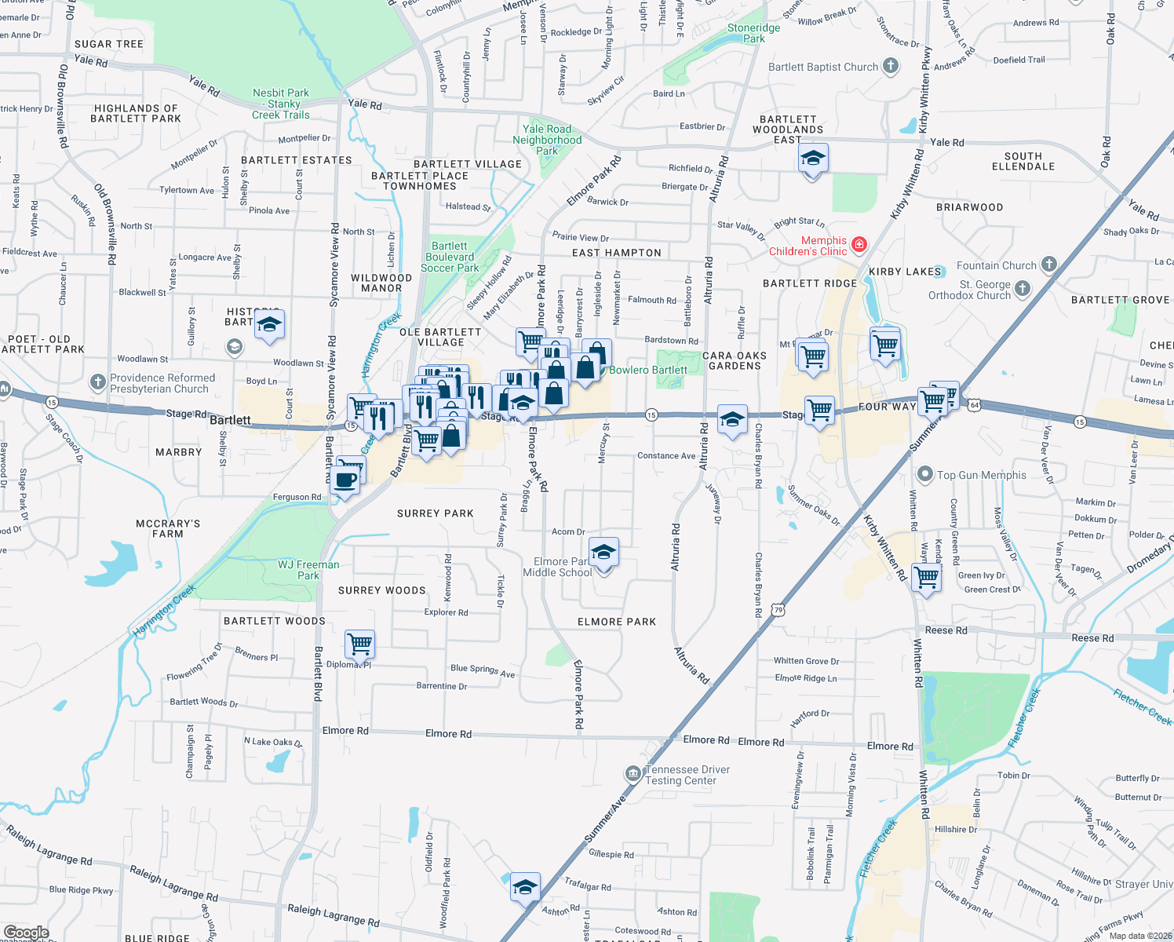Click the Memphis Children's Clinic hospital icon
[859, 245]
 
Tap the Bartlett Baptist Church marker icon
[890, 66]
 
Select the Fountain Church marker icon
[1049, 265]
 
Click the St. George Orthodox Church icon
[1022, 289]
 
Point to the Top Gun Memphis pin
[925, 475]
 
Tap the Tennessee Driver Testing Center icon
[633, 775]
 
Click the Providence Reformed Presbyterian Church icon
[97, 382]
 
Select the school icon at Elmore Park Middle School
[603, 553]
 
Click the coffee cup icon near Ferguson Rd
[345, 479]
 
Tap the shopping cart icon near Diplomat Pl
[360, 644]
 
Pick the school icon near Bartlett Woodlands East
[812, 159]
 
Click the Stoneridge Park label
[753, 33]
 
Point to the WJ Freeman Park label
[308, 570]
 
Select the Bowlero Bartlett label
[648, 370]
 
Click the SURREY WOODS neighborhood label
[381, 590]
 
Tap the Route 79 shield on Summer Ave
[777, 610]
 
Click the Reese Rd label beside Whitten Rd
[946, 630]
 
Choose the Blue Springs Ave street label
[483, 670]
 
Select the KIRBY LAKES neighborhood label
[905, 272]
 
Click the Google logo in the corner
[26, 933]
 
